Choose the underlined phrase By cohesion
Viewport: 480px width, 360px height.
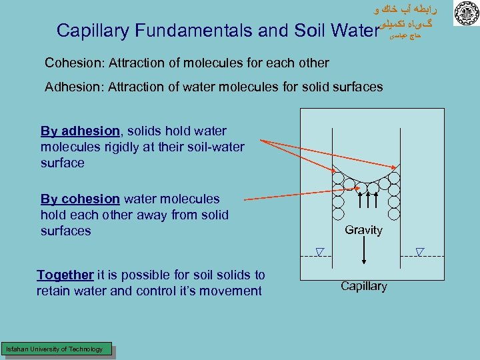click(x=80, y=199)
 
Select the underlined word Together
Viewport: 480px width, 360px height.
click(x=65, y=275)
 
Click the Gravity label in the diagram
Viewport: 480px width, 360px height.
click(x=363, y=230)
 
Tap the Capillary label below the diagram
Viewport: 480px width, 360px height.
click(x=363, y=286)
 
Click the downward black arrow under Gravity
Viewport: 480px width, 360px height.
click(x=363, y=253)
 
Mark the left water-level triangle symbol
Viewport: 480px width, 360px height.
click(x=319, y=251)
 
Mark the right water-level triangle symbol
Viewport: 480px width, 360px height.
click(x=420, y=251)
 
